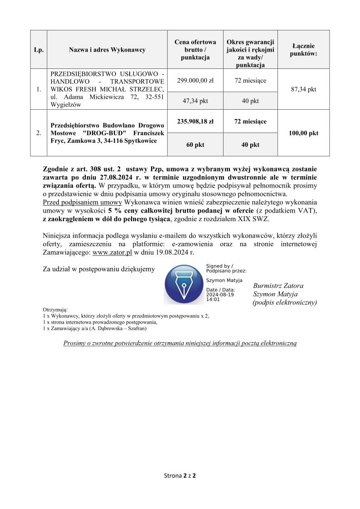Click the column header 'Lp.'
point(39,49)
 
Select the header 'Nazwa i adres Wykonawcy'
point(107,49)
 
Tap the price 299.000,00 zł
point(195,81)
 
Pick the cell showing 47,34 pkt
point(195,101)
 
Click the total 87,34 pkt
point(303,89)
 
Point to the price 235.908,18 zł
point(195,121)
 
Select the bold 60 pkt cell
point(195,145)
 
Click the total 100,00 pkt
point(303,133)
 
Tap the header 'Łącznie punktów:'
point(303,49)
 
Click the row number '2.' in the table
point(39,133)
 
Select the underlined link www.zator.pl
point(112,252)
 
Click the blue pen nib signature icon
point(183,285)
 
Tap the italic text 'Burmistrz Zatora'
point(278,286)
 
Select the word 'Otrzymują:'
point(55,309)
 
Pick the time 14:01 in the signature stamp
point(213,300)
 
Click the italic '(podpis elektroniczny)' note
point(284,302)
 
